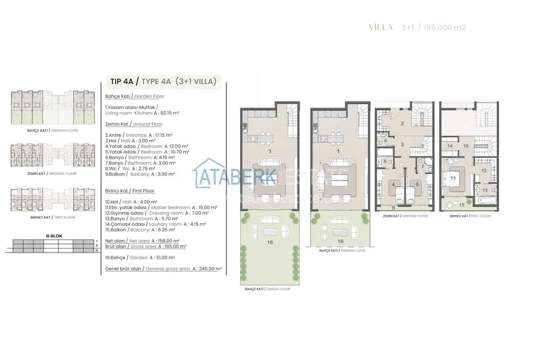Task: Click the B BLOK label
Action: [x=52, y=235]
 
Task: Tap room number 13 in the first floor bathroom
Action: [x=484, y=190]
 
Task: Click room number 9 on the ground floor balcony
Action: [x=393, y=208]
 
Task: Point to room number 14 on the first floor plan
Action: [x=449, y=146]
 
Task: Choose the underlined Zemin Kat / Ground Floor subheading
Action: [x=134, y=125]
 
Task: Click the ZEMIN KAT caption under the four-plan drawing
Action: [x=405, y=216]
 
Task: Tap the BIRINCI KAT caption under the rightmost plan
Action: [x=468, y=216]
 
